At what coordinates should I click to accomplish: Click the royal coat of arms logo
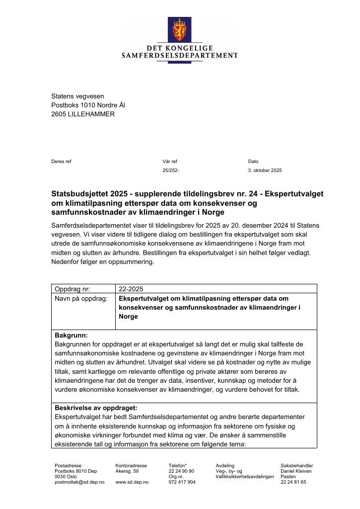[x=179, y=30]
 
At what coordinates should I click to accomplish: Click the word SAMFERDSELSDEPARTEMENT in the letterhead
[x=179, y=55]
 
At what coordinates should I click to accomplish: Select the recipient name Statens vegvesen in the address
[x=77, y=96]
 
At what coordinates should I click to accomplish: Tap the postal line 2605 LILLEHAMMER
[x=83, y=114]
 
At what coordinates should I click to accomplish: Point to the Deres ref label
[x=61, y=162]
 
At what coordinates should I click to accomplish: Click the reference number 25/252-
[x=170, y=170]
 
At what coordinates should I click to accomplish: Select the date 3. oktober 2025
[x=265, y=170]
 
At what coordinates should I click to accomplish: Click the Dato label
[x=253, y=162]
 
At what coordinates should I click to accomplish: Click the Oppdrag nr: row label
[x=73, y=289]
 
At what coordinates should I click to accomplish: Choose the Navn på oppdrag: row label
[x=81, y=299]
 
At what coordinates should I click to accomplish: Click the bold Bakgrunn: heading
[x=71, y=336]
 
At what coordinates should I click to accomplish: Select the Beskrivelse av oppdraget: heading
[x=96, y=408]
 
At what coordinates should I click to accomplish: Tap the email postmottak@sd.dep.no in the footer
[x=79, y=482]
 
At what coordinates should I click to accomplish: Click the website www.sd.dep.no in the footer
[x=132, y=482]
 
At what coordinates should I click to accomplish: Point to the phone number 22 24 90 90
[x=181, y=471]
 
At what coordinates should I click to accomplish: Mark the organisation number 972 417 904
[x=182, y=482]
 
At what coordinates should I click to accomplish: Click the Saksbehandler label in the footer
[x=296, y=466]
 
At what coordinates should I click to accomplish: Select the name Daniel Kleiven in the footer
[x=296, y=471]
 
